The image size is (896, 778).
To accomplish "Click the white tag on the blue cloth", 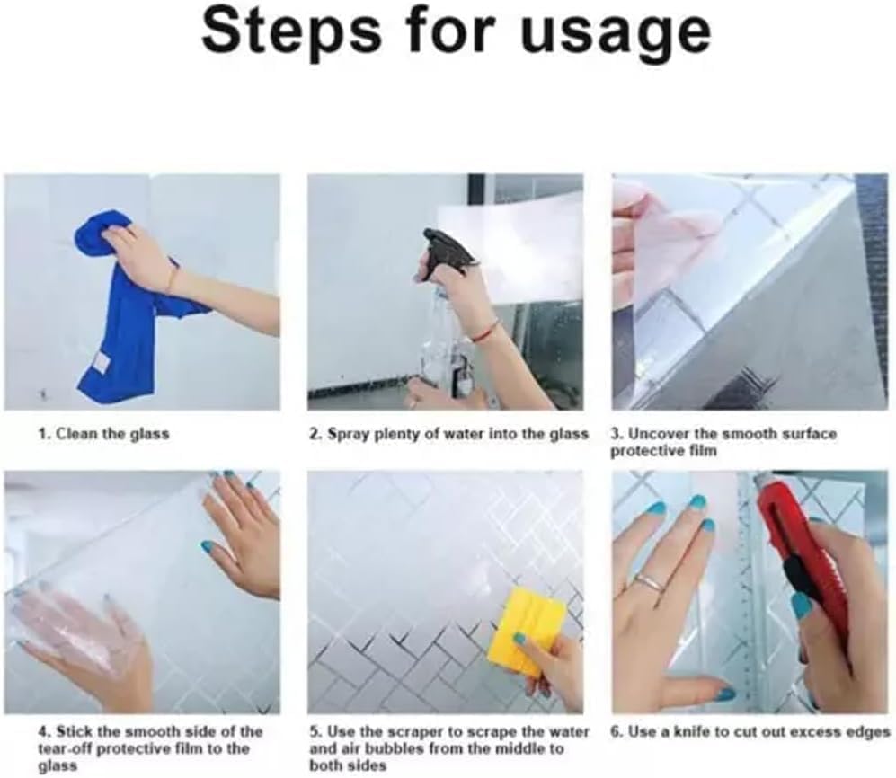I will coord(98,361).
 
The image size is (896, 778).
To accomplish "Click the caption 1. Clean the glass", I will coord(103,434).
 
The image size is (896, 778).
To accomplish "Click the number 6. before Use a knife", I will coord(617,732).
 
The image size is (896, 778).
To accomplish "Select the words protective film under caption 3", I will coord(663,450).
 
